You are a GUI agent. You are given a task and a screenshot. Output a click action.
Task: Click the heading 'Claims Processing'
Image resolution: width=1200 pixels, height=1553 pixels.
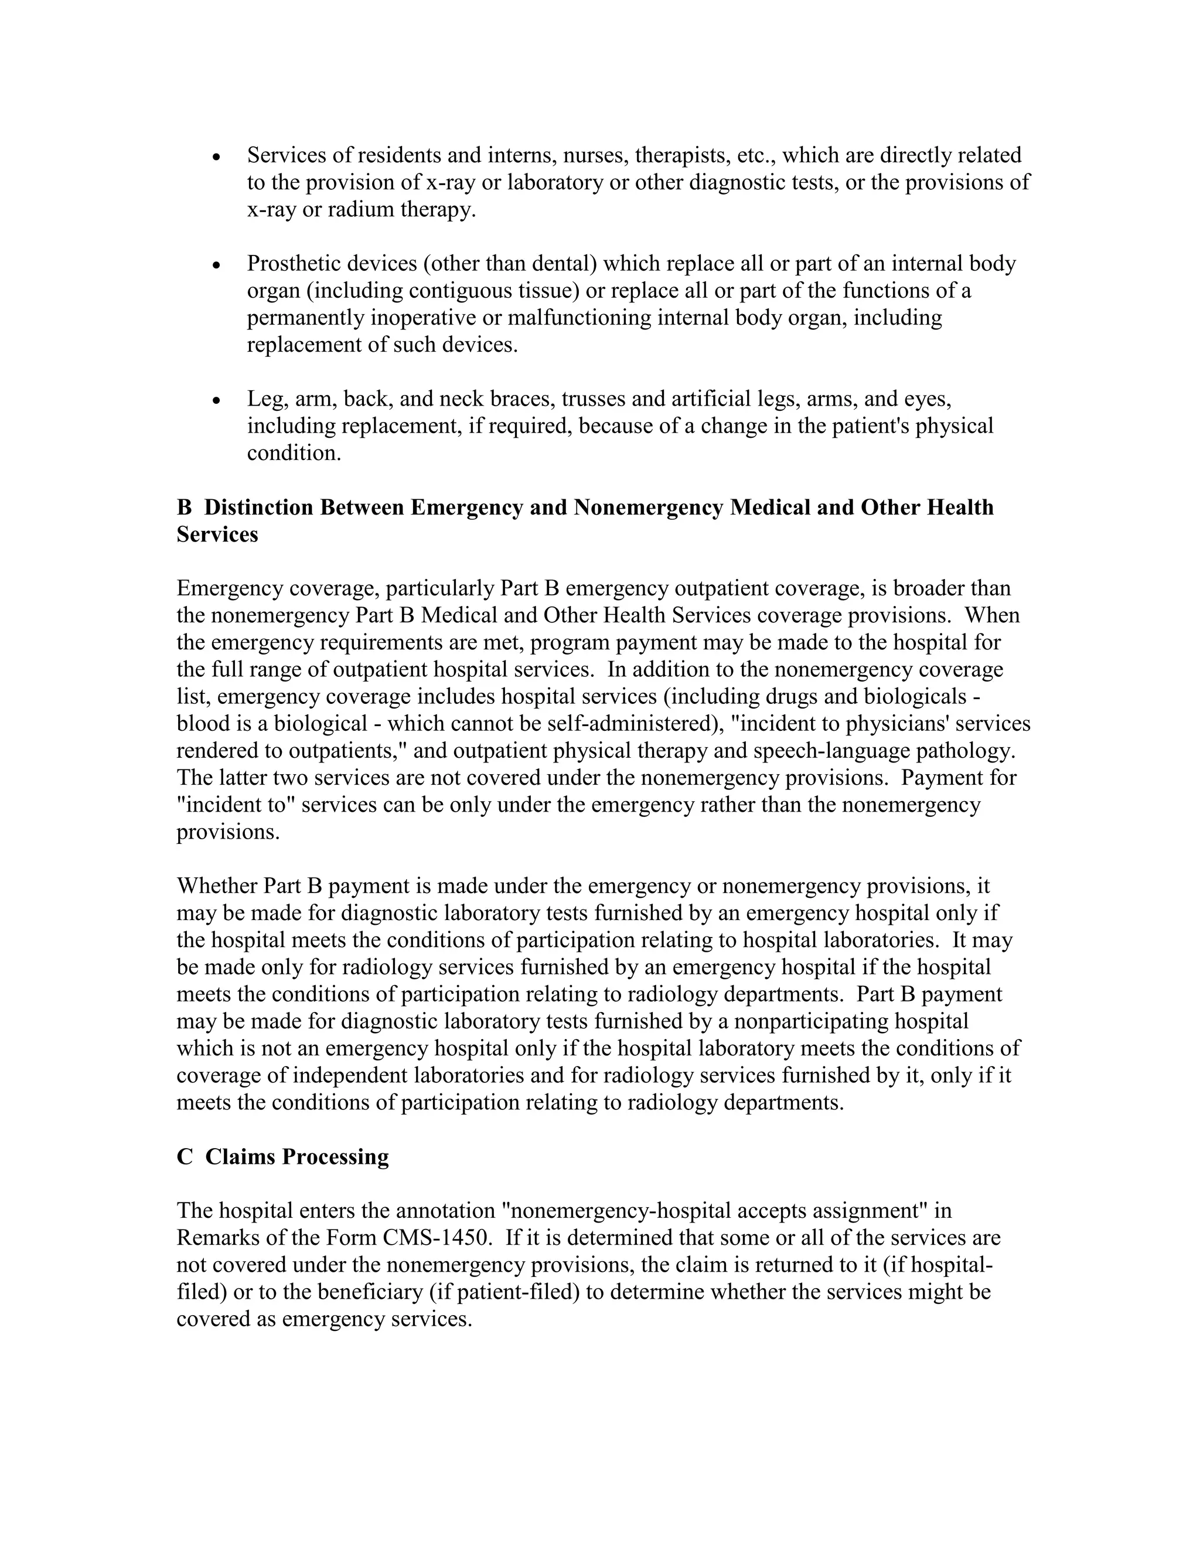click(x=296, y=1157)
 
